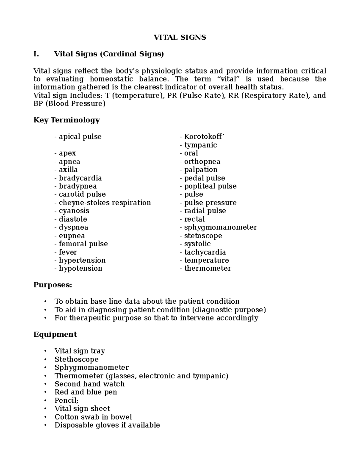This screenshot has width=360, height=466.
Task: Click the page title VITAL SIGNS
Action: pyautogui.click(x=180, y=38)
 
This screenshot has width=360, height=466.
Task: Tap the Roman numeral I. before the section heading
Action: pyautogui.click(x=36, y=54)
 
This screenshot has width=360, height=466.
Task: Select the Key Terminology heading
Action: pyautogui.click(x=67, y=120)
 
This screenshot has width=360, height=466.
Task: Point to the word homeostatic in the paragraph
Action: pyautogui.click(x=111, y=79)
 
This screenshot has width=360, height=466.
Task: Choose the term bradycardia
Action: pyautogui.click(x=80, y=178)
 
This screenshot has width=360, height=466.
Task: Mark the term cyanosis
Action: pyautogui.click(x=74, y=211)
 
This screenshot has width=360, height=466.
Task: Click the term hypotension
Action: pyautogui.click(x=80, y=268)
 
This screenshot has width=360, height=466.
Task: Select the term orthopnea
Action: pyautogui.click(x=202, y=161)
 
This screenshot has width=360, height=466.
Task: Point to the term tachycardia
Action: pyautogui.click(x=205, y=252)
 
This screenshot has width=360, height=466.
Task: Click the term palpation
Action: pyautogui.click(x=201, y=170)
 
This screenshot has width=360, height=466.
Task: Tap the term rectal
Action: pyautogui.click(x=194, y=219)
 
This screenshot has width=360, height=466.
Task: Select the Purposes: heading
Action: pyautogui.click(x=53, y=285)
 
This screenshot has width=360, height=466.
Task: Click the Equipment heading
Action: pyautogui.click(x=55, y=334)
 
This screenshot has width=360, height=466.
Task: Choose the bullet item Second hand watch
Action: pyautogui.click(x=89, y=384)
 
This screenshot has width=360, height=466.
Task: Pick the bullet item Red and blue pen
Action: pyautogui.click(x=86, y=392)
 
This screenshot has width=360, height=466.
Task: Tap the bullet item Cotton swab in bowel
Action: pyautogui.click(x=93, y=417)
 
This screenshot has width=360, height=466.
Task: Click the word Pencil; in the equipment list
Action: pyautogui.click(x=66, y=400)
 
